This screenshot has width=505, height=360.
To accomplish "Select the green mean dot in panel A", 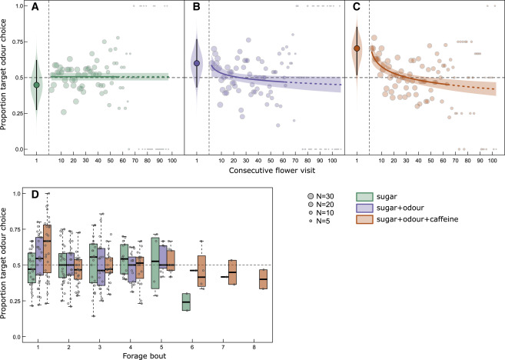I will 36,85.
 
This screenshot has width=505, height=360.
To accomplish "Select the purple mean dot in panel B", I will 197,63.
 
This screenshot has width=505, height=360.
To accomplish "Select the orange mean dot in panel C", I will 357,48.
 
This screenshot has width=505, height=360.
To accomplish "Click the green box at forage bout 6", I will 186,302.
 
